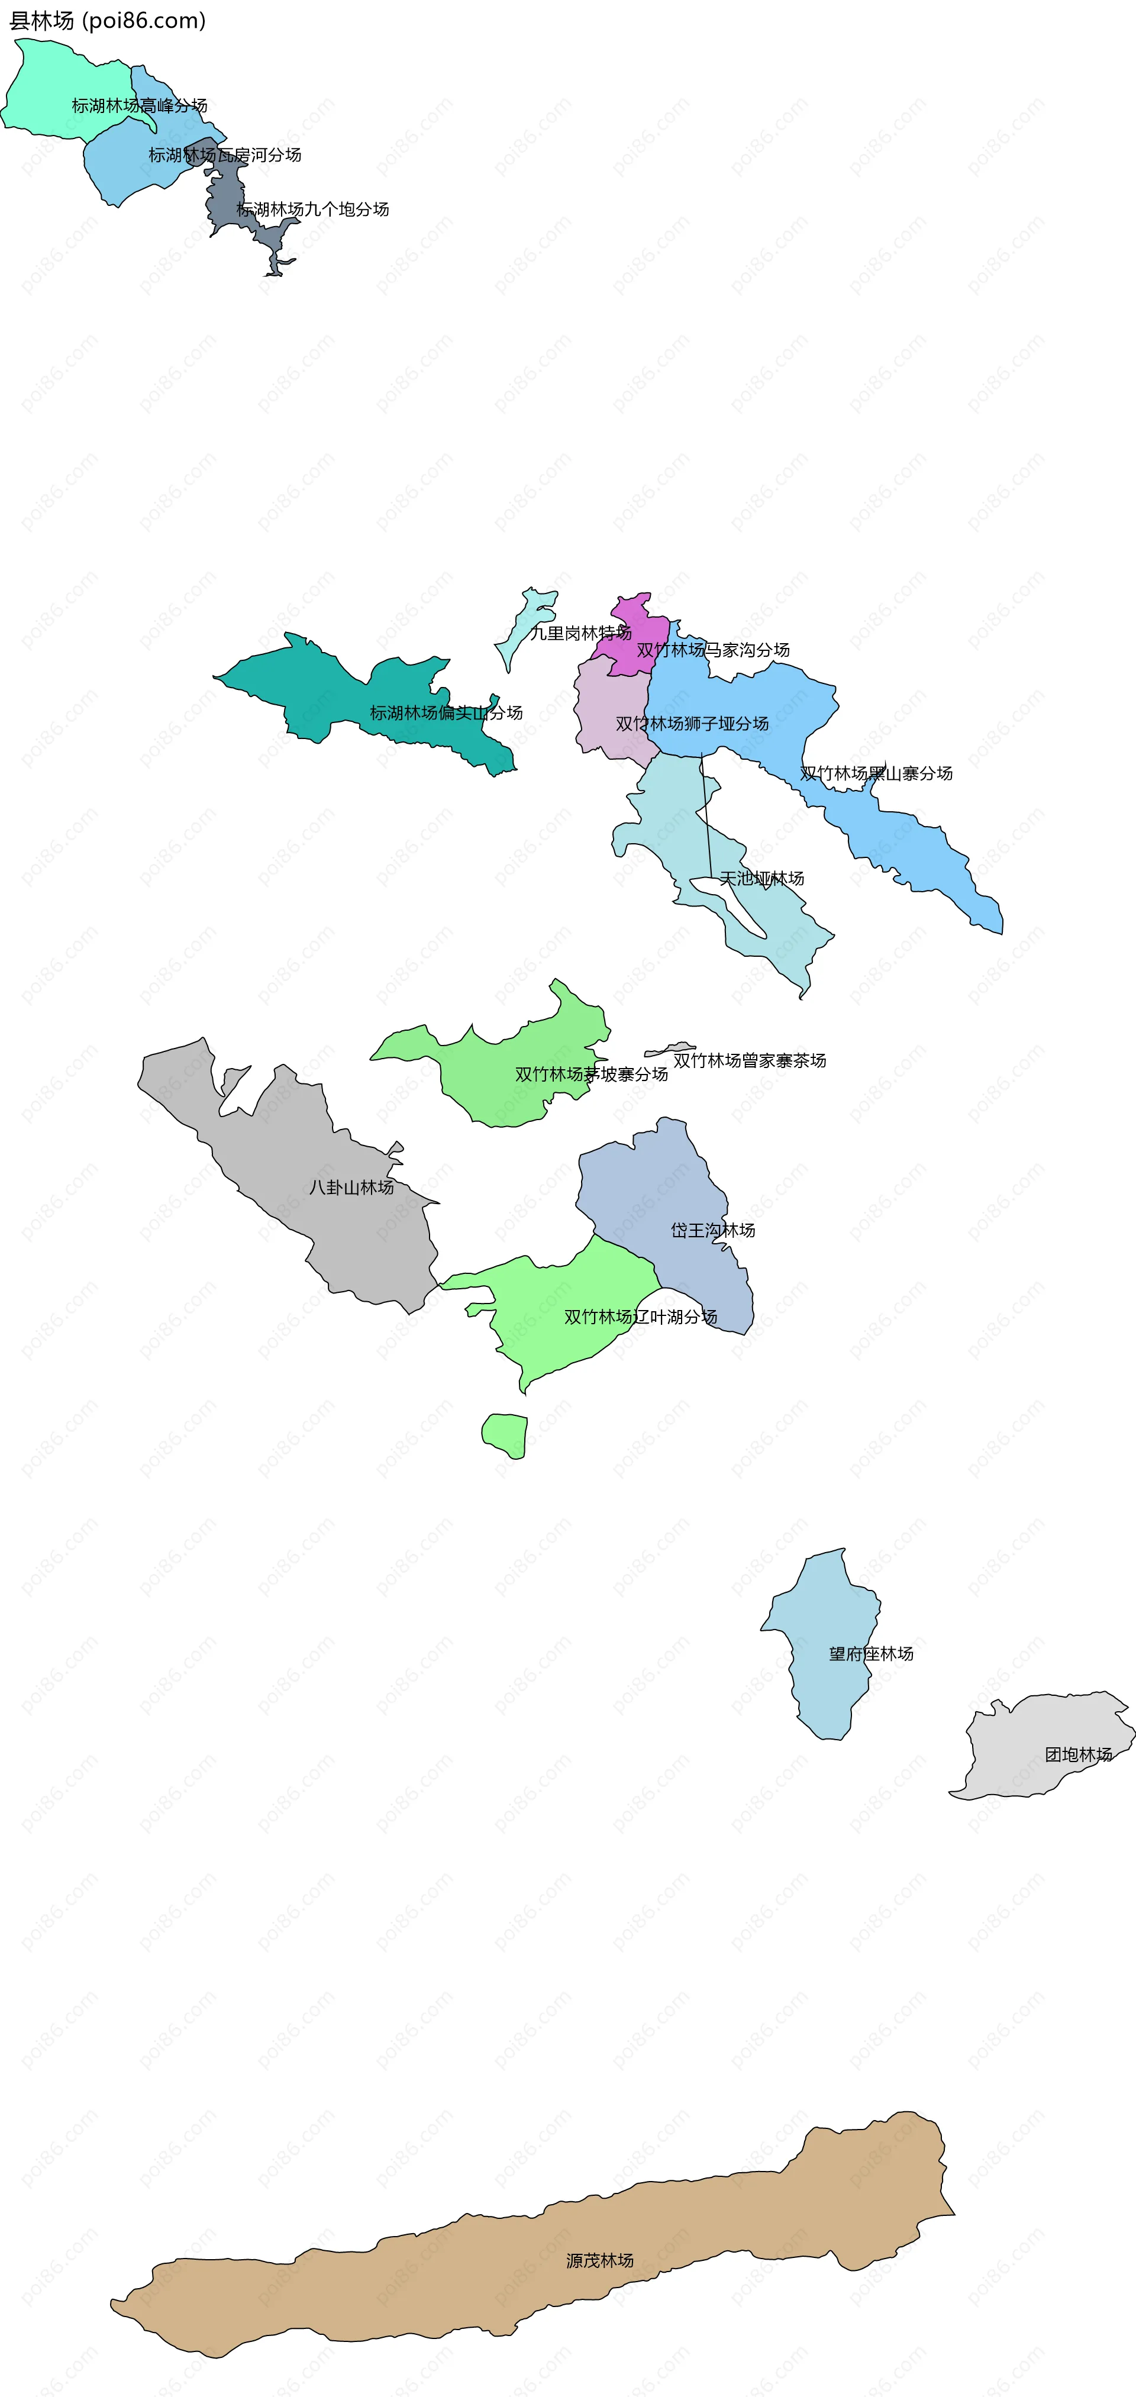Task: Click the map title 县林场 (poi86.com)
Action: (107, 21)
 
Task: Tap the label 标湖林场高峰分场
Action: (140, 106)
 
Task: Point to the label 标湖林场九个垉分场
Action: (312, 209)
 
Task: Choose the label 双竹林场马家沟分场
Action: (713, 650)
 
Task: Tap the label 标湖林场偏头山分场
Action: (447, 713)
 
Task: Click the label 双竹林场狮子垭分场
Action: (692, 724)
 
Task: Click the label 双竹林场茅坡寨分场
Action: (592, 1075)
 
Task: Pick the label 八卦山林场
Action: (351, 1188)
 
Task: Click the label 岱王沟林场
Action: (714, 1230)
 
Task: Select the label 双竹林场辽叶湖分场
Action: (641, 1317)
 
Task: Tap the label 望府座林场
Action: (872, 1653)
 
